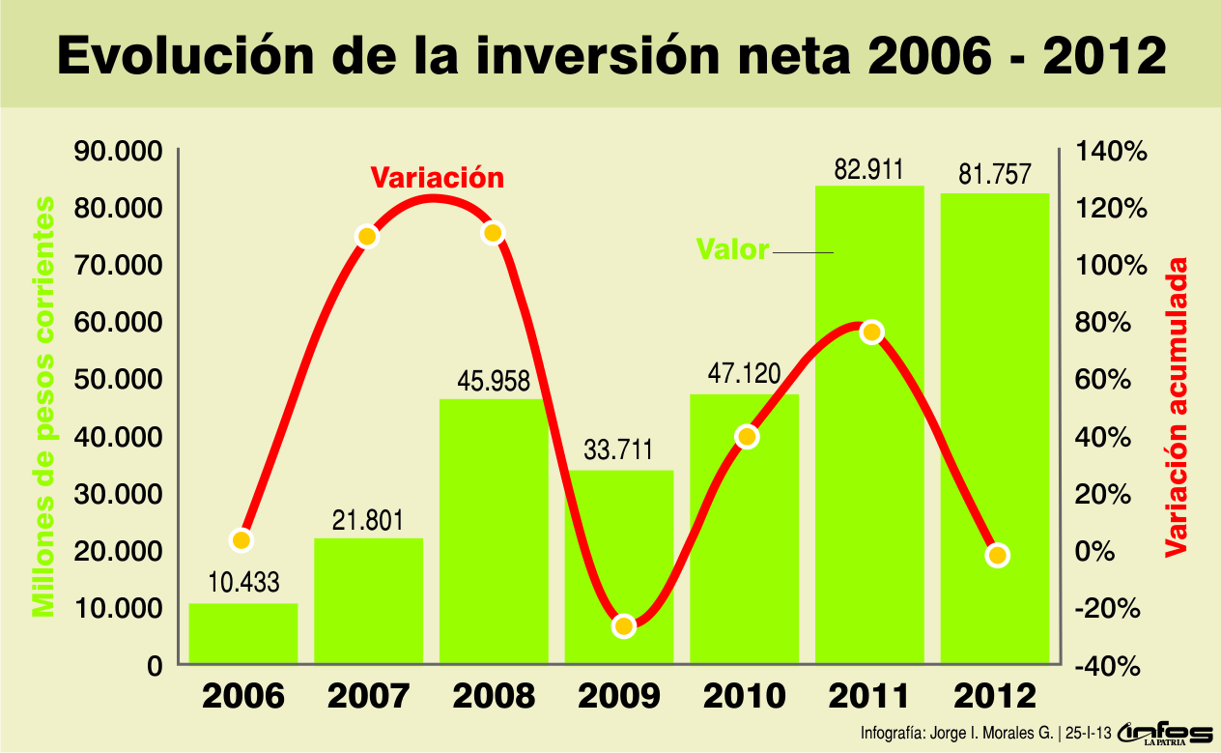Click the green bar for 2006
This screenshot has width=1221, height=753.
[x=242, y=633]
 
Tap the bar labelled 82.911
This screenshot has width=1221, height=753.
[x=869, y=425]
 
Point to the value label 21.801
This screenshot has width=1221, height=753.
[x=368, y=519]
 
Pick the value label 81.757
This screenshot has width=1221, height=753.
[x=994, y=175]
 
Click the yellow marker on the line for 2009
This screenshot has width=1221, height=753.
[x=623, y=625]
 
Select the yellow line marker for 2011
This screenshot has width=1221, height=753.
[x=871, y=333]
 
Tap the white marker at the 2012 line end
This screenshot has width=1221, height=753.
[x=998, y=555]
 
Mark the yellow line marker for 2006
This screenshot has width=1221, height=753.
[x=241, y=540]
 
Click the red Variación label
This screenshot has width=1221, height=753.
[x=438, y=178]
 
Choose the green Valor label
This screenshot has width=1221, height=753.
[x=732, y=249]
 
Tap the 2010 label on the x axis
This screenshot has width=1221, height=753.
[x=745, y=696]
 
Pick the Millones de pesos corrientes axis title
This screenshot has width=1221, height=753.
[x=43, y=406]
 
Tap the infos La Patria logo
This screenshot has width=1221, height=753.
[x=1165, y=734]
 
